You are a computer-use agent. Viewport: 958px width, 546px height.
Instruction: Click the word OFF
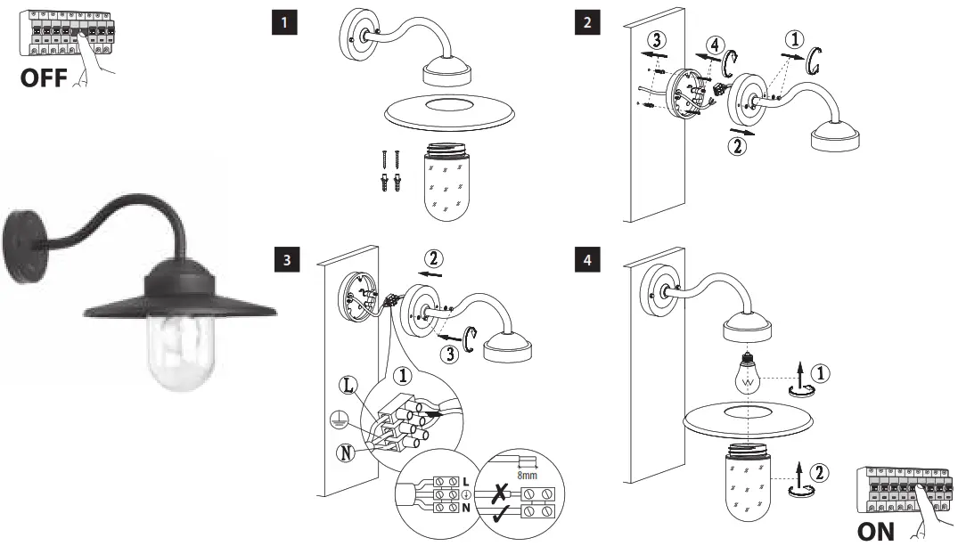(x=43, y=77)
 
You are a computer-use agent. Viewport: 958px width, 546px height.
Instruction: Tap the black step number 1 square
(x=284, y=23)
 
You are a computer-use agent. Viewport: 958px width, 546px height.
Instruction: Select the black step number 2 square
(x=585, y=23)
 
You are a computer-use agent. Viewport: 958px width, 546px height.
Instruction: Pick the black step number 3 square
(x=284, y=260)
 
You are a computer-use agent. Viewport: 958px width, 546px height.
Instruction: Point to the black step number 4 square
(x=585, y=260)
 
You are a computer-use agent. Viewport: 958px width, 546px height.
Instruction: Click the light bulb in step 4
(x=748, y=374)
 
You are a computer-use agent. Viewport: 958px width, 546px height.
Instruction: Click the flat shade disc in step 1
(x=450, y=111)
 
